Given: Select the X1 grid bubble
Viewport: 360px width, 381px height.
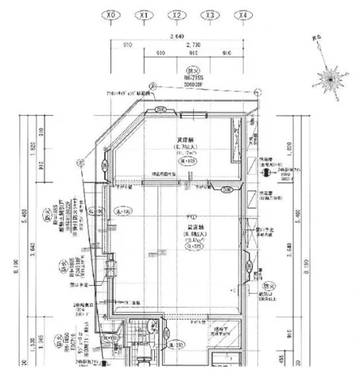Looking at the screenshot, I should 144,14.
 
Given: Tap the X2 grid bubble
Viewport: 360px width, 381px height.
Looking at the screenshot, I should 177,14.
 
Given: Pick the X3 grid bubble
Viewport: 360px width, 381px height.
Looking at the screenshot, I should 210,14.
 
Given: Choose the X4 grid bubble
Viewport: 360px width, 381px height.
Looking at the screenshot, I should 242,14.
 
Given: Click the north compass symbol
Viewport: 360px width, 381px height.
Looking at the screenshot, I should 327,79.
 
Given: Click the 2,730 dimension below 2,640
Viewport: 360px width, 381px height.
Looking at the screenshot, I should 193,46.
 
